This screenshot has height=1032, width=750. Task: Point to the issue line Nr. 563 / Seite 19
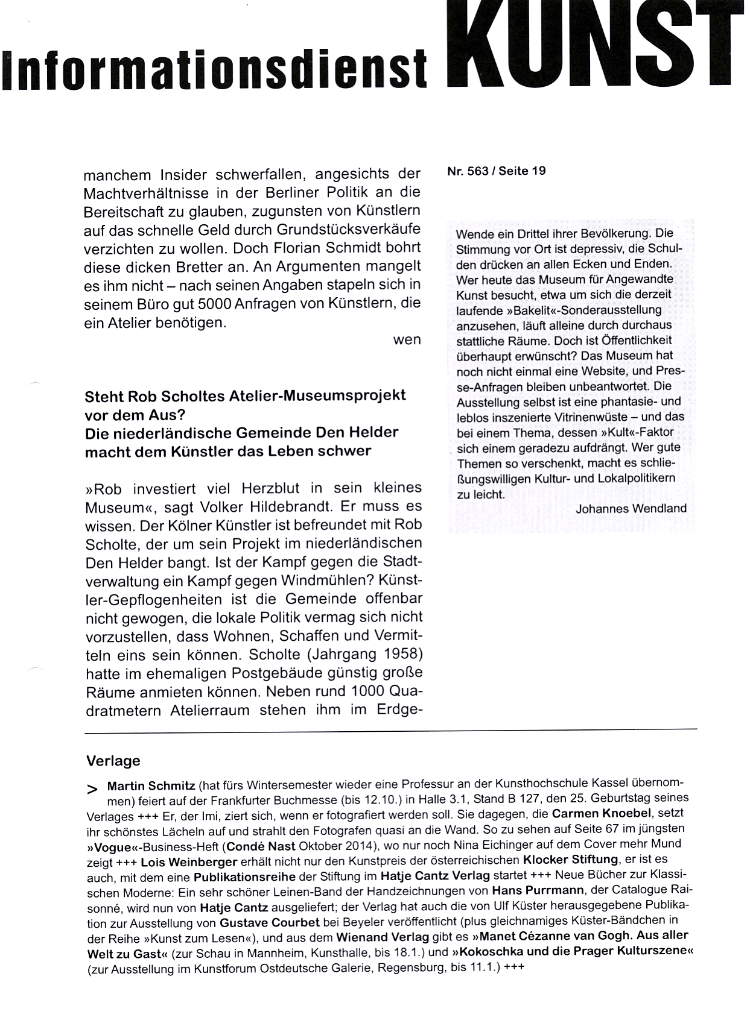[496, 171]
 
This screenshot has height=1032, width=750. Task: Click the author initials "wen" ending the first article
[407, 340]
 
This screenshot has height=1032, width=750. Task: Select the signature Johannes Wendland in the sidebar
[631, 509]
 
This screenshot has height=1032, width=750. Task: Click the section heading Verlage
[113, 761]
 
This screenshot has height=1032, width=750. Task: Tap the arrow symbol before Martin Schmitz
[92, 789]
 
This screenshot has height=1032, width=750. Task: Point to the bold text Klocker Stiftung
[570, 859]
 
